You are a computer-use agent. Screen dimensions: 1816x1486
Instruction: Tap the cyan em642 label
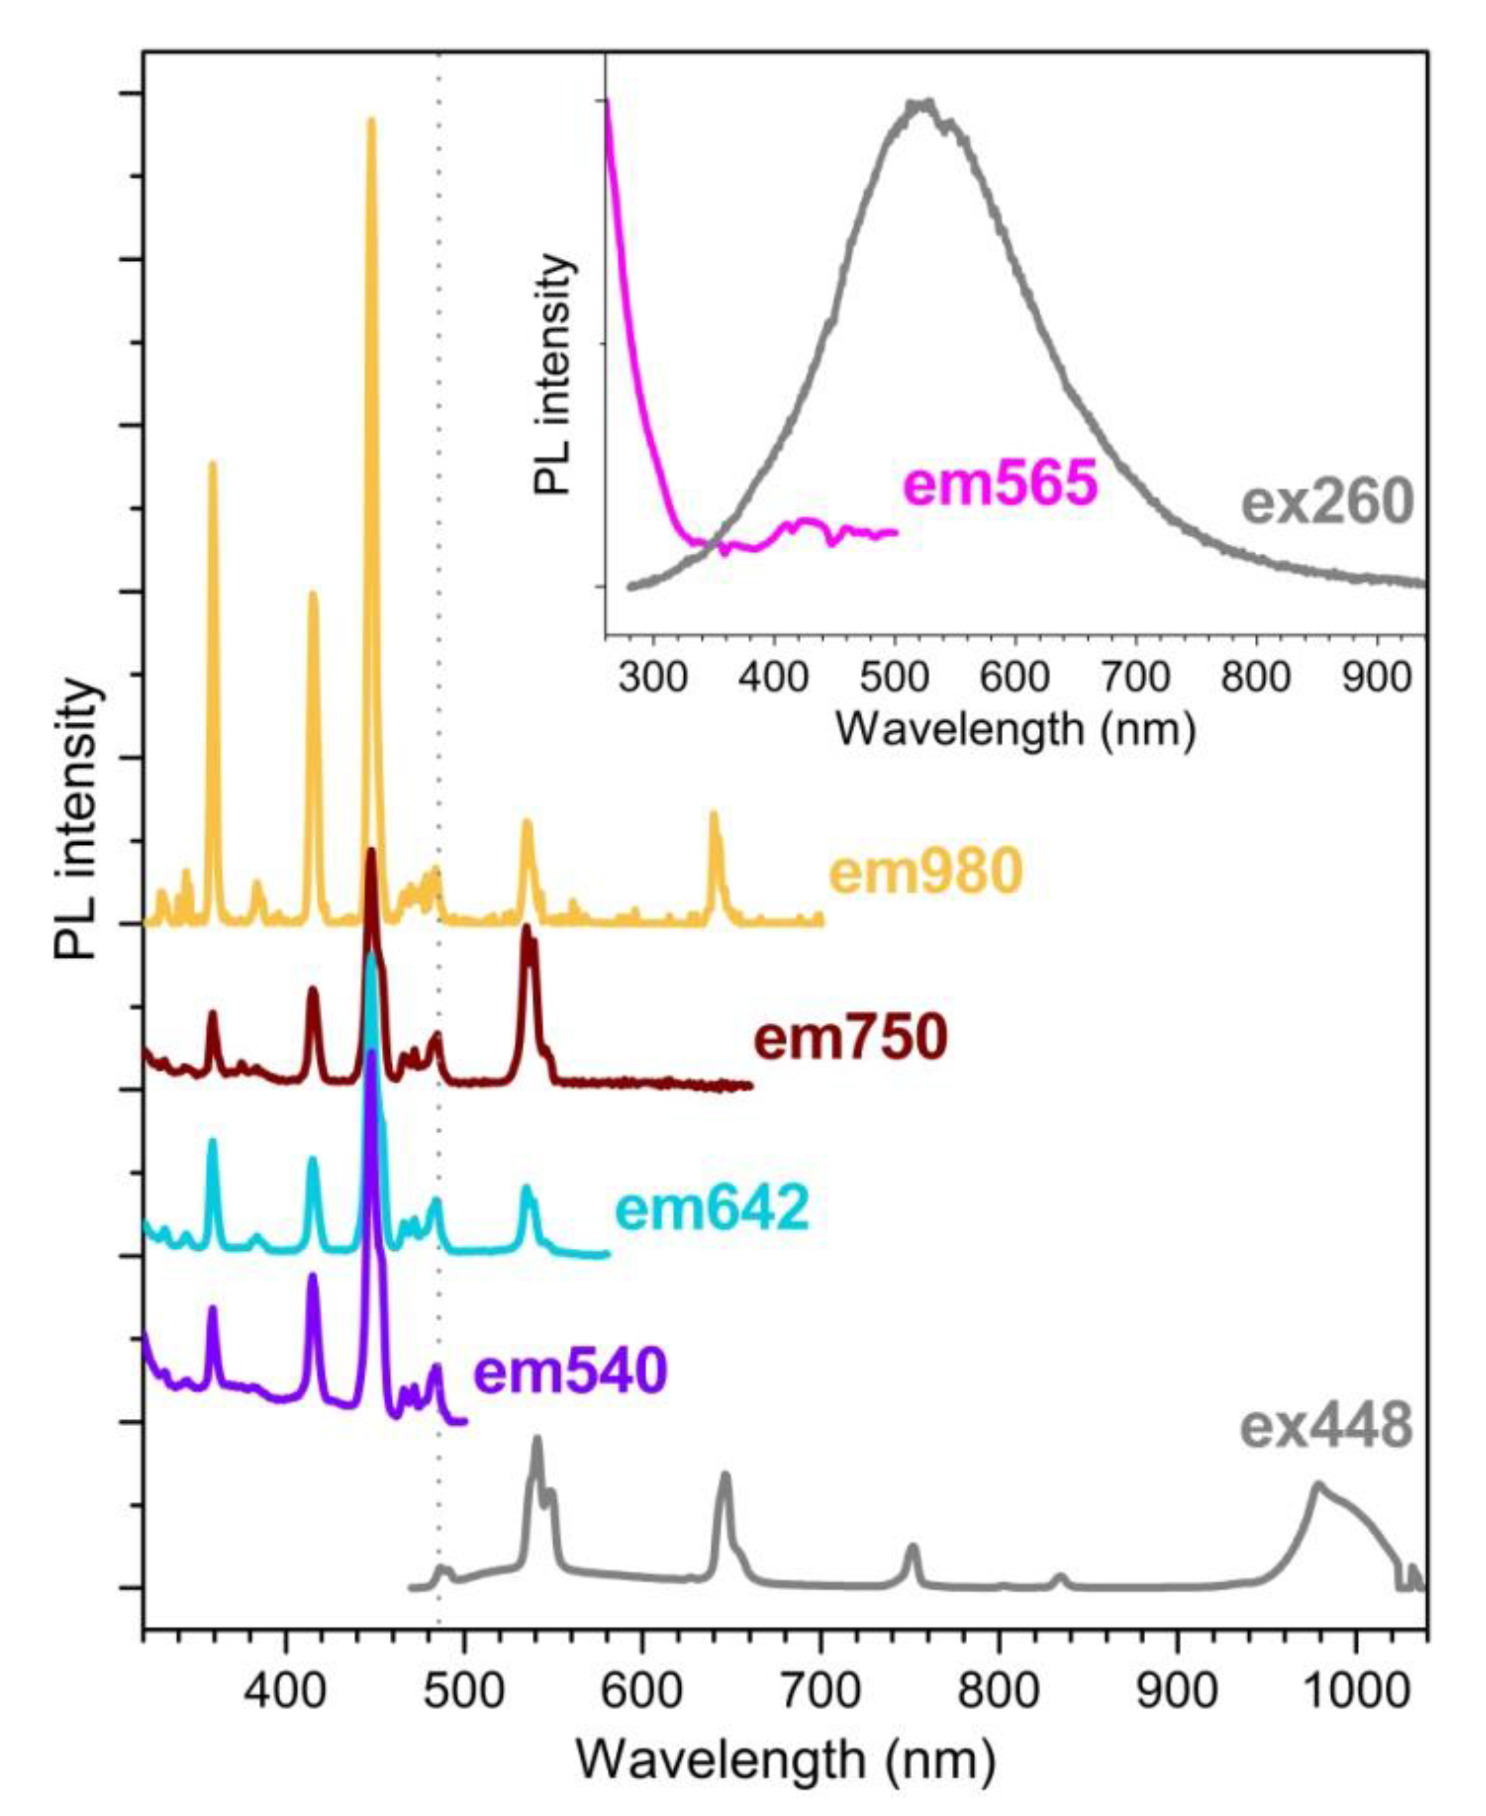pos(712,1209)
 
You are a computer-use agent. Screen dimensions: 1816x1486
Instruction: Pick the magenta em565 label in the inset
pos(1001,485)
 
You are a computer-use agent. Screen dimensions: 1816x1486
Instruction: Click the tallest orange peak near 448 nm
pos(370,122)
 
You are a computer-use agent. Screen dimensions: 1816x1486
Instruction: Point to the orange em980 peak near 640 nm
pos(713,817)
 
